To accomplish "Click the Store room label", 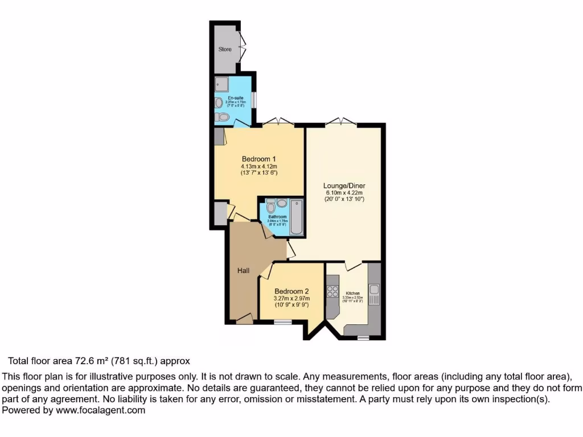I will pyautogui.click(x=225, y=50).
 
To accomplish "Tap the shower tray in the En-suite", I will pyautogui.click(x=221, y=85).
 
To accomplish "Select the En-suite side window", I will pyautogui.click(x=254, y=98).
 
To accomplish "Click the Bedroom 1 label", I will pyautogui.click(x=259, y=159).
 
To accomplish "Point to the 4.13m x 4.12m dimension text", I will pyautogui.click(x=259, y=167).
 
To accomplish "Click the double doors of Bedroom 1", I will pyautogui.click(x=277, y=122).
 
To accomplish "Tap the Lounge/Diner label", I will pyautogui.click(x=344, y=185).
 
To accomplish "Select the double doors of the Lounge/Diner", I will pyautogui.click(x=340, y=121).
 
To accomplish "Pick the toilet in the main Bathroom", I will pyautogui.click(x=270, y=207).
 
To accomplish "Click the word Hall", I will pyautogui.click(x=243, y=271).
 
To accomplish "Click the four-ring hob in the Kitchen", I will pyautogui.click(x=332, y=292).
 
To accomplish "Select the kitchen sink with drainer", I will pyautogui.click(x=374, y=295).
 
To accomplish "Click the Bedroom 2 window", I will pyautogui.click(x=282, y=322).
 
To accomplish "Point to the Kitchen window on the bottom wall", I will pyautogui.click(x=363, y=338).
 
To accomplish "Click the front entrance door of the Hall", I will pyautogui.click(x=245, y=319).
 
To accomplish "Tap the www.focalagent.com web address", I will pyautogui.click(x=101, y=410).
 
